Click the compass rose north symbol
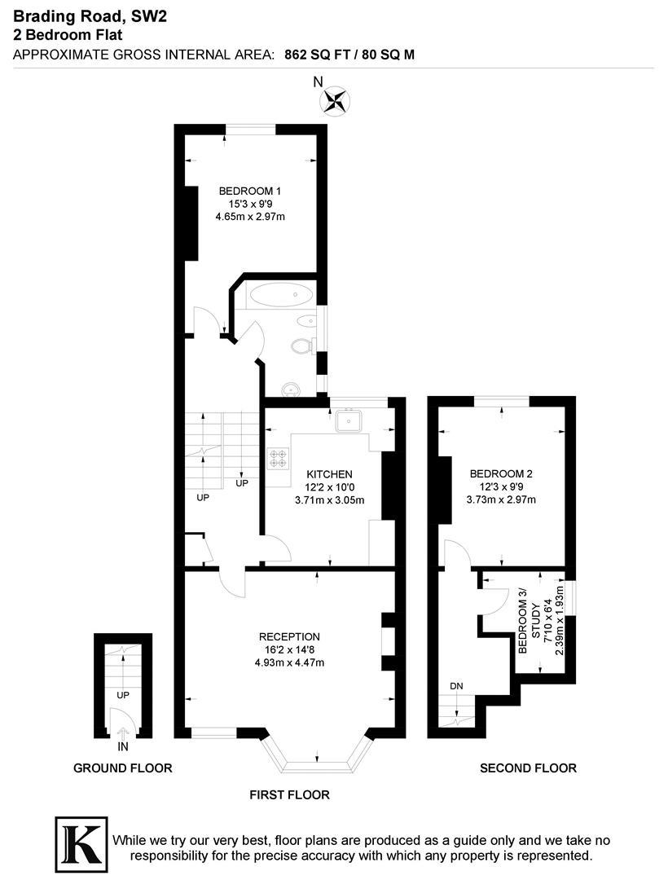(x=335, y=100)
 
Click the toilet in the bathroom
(x=302, y=346)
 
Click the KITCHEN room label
(x=329, y=474)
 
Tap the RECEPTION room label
(x=289, y=636)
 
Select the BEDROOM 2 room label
(x=500, y=473)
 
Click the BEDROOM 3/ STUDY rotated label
(x=529, y=620)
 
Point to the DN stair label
(x=456, y=686)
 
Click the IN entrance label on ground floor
(x=122, y=746)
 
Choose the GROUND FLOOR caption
(x=123, y=768)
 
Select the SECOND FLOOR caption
(x=528, y=768)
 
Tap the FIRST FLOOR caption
(x=290, y=794)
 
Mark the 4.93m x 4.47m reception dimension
(x=289, y=662)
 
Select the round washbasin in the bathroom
(x=291, y=388)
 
